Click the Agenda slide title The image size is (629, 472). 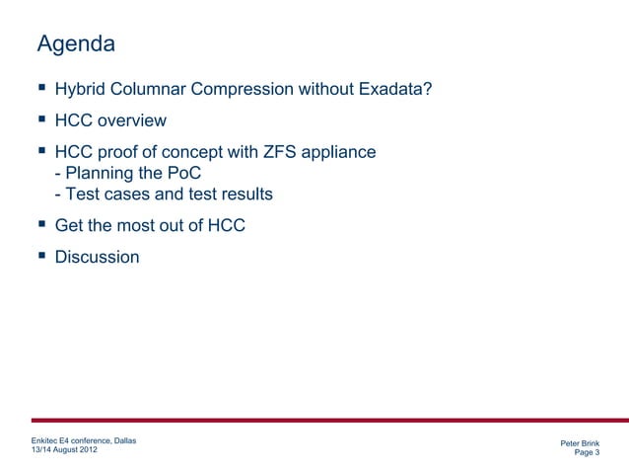[x=76, y=44]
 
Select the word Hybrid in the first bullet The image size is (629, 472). [x=83, y=91]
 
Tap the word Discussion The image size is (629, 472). [x=98, y=257]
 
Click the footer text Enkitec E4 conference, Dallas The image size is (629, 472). [x=85, y=439]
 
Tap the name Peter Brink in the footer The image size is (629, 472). [x=579, y=443]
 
